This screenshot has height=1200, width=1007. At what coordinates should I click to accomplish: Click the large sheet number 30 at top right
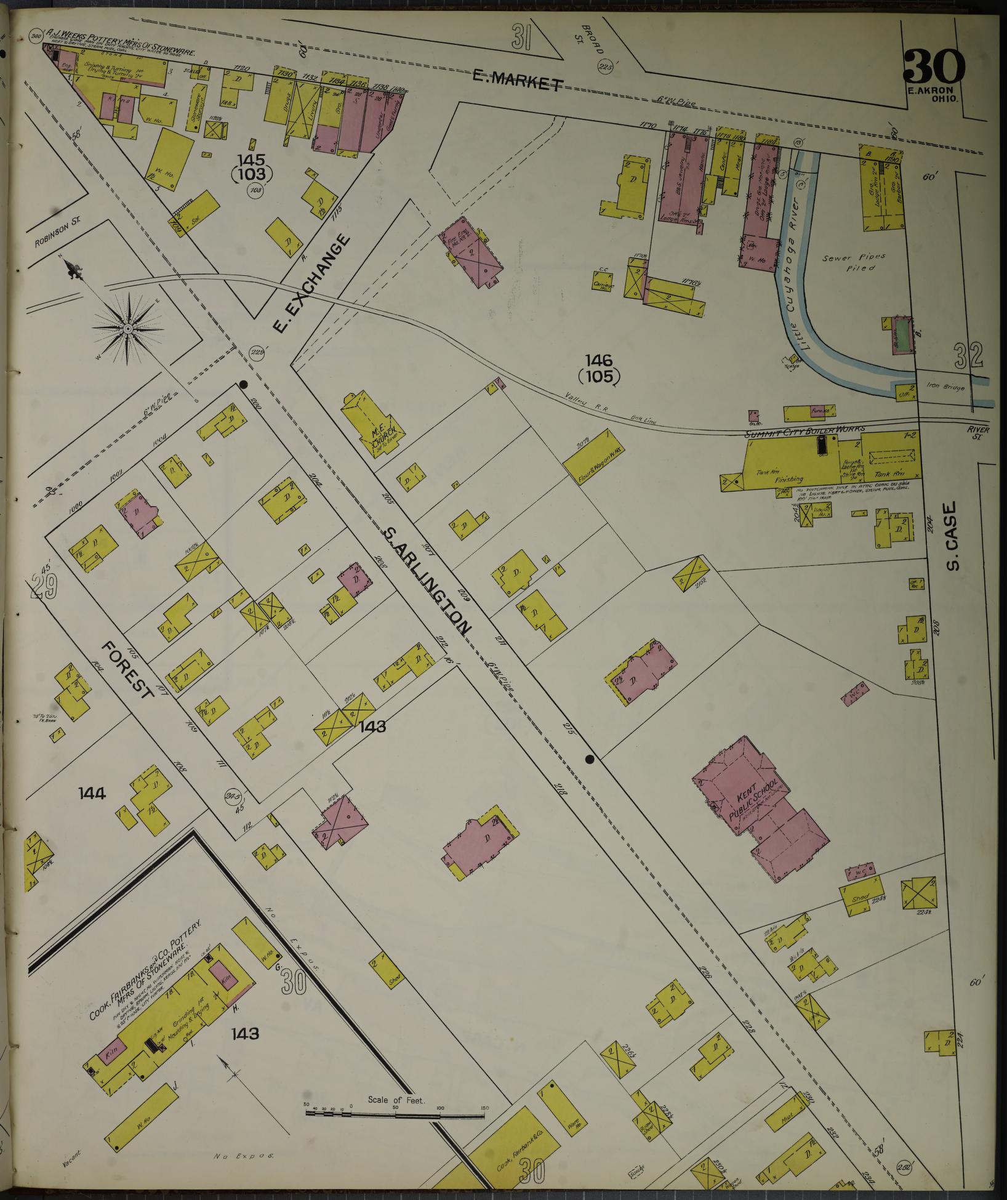pos(933,66)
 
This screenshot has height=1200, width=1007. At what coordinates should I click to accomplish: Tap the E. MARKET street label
pos(518,79)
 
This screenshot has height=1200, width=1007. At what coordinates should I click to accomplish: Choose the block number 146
pos(599,360)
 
